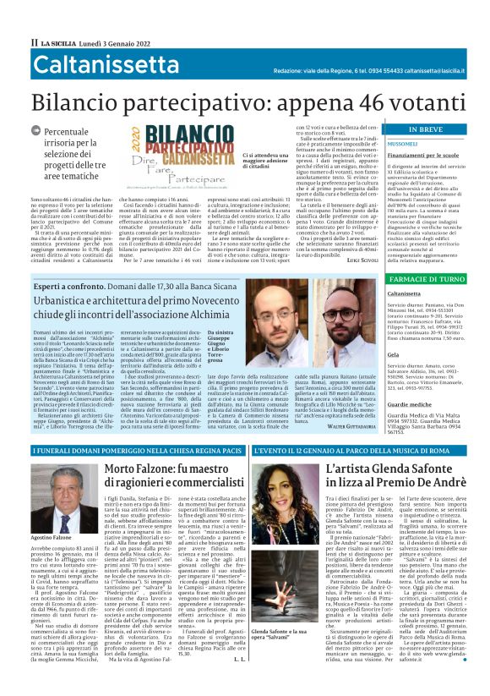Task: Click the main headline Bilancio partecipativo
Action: click(245, 101)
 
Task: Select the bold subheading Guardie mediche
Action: click(411, 404)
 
